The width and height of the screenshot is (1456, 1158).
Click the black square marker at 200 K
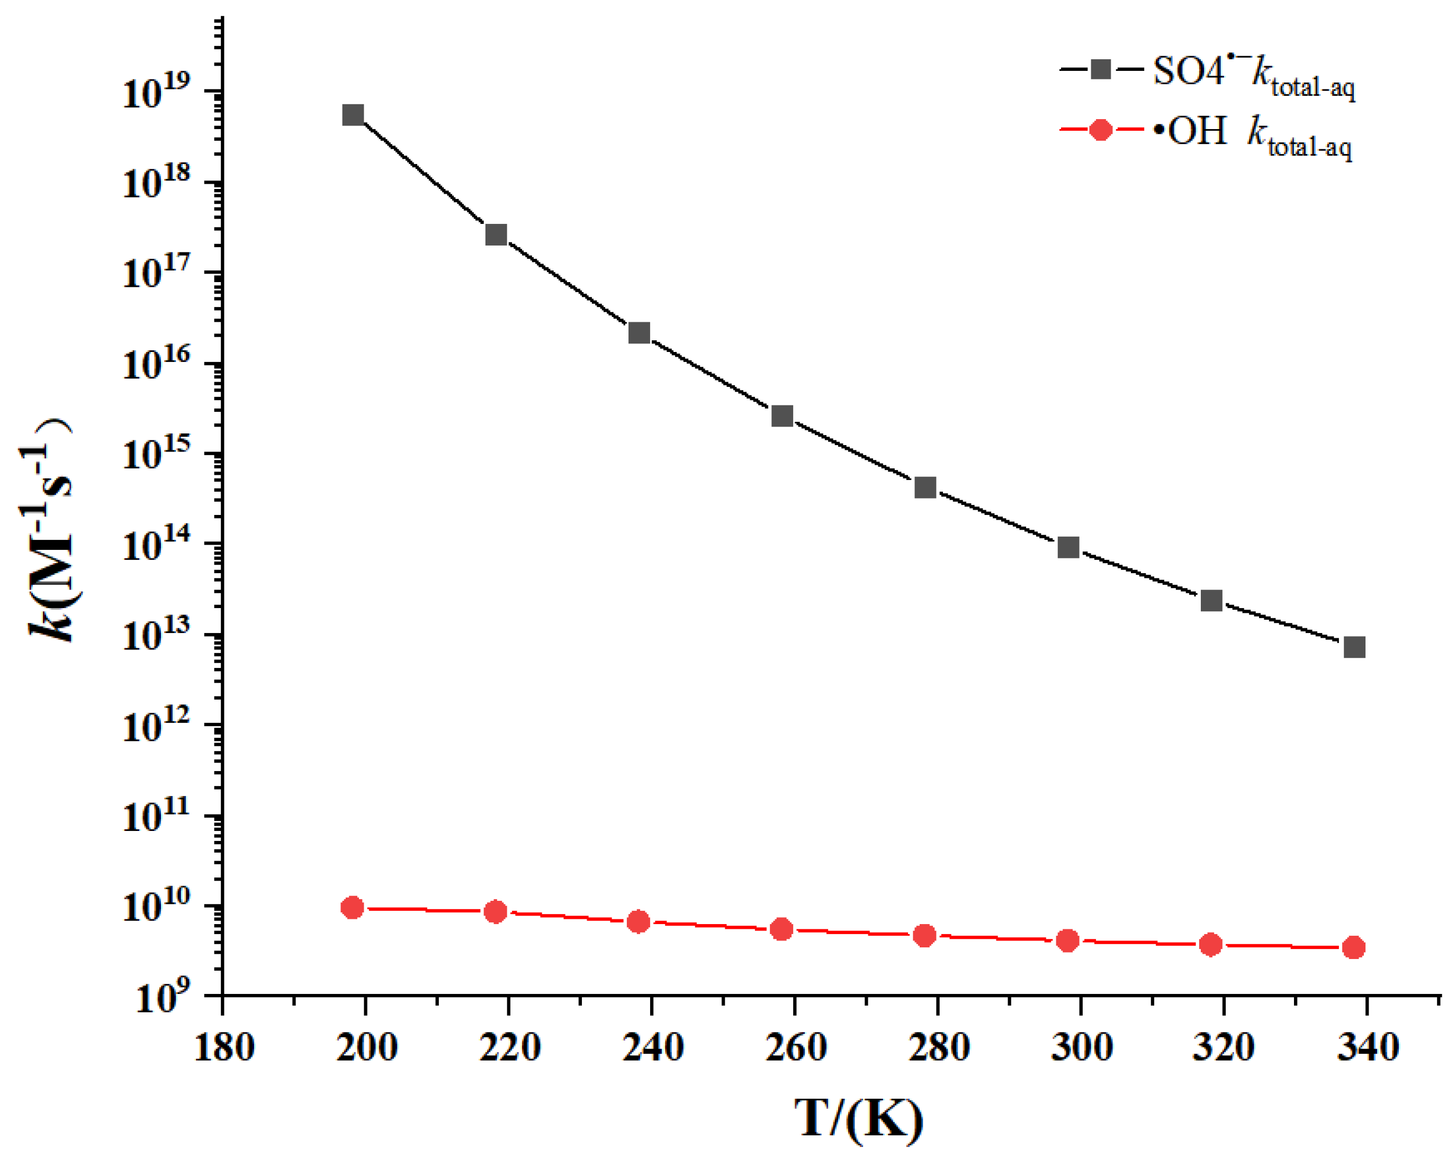pos(353,115)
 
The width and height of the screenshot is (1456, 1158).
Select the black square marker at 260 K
pos(782,416)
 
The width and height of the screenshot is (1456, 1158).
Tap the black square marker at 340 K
pos(1354,647)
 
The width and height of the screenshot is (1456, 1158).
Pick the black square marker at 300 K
pos(1068,547)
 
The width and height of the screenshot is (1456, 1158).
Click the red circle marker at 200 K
pos(353,908)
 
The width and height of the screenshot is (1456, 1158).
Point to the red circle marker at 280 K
pos(924,936)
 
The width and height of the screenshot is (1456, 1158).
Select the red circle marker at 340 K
pos(1353,948)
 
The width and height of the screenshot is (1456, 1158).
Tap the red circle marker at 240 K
pos(638,921)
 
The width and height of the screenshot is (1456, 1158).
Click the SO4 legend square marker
pos(1101,69)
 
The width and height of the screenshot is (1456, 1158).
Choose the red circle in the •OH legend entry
pos(1101,130)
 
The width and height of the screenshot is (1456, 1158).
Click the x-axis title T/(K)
pos(858,1119)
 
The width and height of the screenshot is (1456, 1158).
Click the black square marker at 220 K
pos(496,236)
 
